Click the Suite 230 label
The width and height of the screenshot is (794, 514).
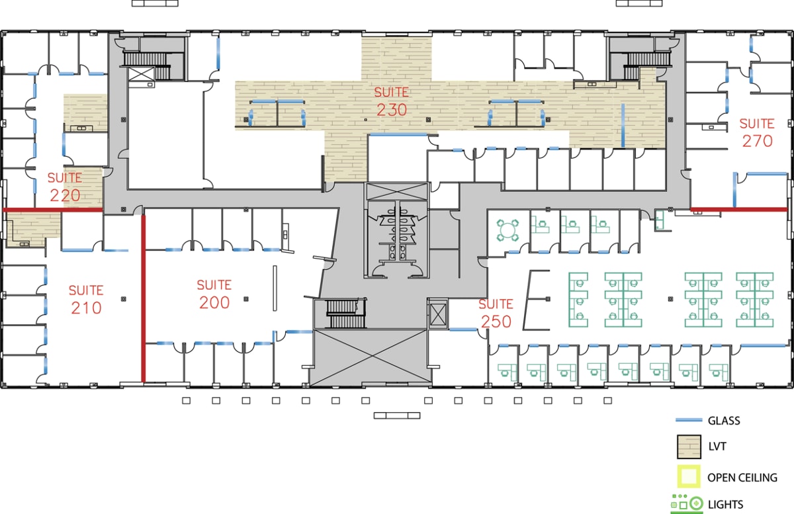pyautogui.click(x=392, y=101)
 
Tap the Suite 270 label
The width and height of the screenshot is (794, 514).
pyautogui.click(x=757, y=132)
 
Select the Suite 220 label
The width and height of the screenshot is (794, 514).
pyautogui.click(x=65, y=187)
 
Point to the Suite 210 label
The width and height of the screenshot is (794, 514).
pyautogui.click(x=86, y=299)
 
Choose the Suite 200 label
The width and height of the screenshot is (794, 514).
pyautogui.click(x=214, y=294)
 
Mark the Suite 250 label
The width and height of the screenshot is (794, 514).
pyautogui.click(x=496, y=313)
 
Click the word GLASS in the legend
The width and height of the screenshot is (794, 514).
pyautogui.click(x=724, y=421)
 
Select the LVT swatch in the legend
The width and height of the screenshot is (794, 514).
pyautogui.click(x=688, y=447)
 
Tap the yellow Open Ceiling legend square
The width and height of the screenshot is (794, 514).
pyautogui.click(x=688, y=476)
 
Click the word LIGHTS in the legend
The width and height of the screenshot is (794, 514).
pyautogui.click(x=725, y=504)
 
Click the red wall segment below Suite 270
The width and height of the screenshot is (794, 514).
pyautogui.click(x=738, y=210)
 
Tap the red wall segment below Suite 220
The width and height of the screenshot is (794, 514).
pyautogui.click(x=53, y=210)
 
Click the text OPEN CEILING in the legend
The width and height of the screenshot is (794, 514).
pyautogui.click(x=742, y=477)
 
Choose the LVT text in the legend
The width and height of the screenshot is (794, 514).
pyautogui.click(x=717, y=447)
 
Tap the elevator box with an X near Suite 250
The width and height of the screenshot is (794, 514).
pyautogui.click(x=438, y=314)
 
